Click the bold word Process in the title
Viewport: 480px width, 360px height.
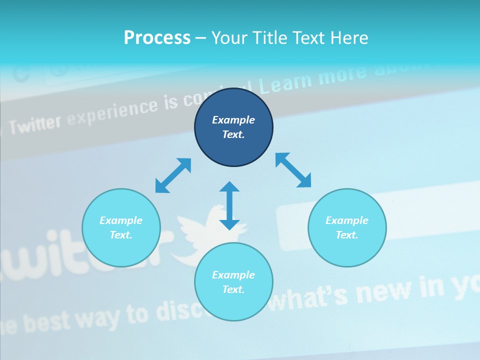tap(157, 38)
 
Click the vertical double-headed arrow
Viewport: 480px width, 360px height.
tap(229, 205)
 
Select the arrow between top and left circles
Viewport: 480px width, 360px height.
tap(173, 175)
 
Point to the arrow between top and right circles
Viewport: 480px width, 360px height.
tap(293, 170)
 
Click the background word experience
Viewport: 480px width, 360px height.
tap(112, 112)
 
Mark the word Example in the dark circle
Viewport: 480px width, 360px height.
tap(233, 120)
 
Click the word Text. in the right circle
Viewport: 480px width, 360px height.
tap(347, 235)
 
